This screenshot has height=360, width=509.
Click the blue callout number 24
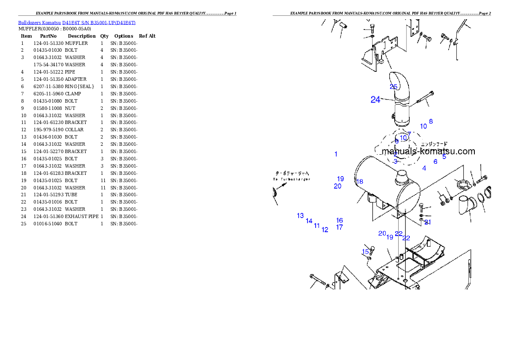pos(375,100)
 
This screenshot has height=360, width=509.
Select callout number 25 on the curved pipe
pos(394,87)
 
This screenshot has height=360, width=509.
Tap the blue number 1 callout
pos(336,154)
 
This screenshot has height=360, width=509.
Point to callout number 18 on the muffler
pos(360,182)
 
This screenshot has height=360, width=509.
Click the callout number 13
pos(300,216)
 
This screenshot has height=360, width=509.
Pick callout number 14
pos(309,221)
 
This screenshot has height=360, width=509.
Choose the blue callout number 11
pos(317,226)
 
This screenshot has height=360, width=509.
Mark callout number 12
pos(325,230)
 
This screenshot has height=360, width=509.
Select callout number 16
pos(339,221)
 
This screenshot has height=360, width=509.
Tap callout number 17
pos(339,227)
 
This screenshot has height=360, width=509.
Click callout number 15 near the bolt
pos(365,251)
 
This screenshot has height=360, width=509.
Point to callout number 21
pos(428,222)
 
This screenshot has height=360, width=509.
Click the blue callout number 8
pos(431,121)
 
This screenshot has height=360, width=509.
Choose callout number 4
pos(424,168)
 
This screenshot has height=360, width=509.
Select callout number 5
pos(444,157)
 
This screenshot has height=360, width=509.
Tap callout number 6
pos(435,162)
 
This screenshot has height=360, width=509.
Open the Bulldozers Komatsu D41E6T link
pos(77,23)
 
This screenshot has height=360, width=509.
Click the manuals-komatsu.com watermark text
pos(428,151)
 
